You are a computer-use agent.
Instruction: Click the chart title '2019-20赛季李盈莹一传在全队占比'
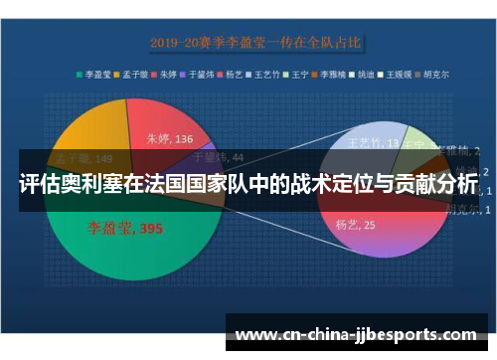(x=255, y=43)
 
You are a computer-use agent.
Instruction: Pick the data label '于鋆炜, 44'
(x=217, y=156)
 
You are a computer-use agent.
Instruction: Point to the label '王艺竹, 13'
(x=374, y=145)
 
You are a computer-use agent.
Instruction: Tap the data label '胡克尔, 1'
(x=463, y=209)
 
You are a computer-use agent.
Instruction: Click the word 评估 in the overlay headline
(x=35, y=185)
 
